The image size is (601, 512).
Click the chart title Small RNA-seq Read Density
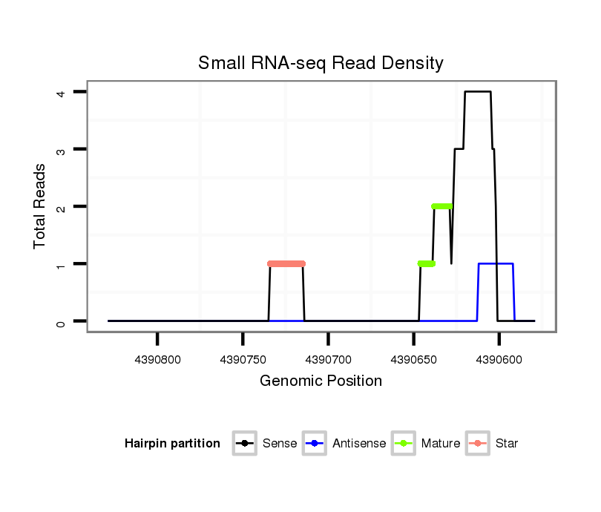(321, 63)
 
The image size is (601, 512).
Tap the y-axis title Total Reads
(40, 206)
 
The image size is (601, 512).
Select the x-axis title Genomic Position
(321, 381)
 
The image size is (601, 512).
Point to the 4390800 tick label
(157, 359)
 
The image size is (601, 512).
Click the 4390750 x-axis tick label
(243, 359)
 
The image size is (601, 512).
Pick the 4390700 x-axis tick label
(328, 359)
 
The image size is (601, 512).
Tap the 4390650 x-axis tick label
(413, 359)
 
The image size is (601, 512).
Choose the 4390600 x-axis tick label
(499, 359)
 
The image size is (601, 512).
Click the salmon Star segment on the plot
(286, 263)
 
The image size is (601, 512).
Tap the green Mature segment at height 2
(441, 206)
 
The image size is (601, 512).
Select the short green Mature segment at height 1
(427, 263)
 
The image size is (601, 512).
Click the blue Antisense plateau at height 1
(496, 263)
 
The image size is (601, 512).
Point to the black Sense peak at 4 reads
(477, 92)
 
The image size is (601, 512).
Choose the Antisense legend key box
(315, 444)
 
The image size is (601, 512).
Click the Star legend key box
(478, 444)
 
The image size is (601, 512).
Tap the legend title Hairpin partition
(172, 444)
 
